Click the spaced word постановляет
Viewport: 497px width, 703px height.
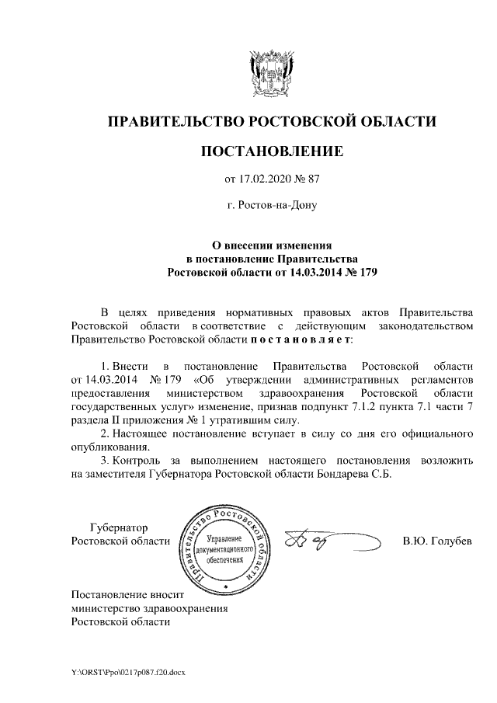pos(301,339)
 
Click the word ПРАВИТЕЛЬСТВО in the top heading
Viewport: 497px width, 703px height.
pos(175,121)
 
